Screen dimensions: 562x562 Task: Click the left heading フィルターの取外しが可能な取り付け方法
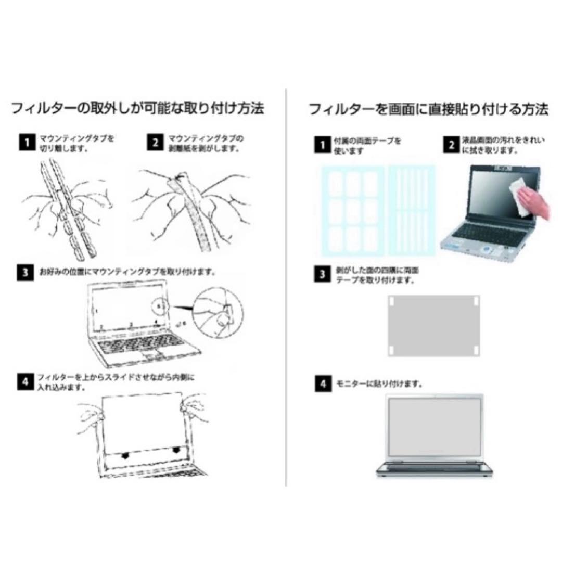[138, 108]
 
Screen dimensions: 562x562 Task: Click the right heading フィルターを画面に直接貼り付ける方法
[429, 109]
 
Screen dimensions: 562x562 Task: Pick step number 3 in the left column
[25, 273]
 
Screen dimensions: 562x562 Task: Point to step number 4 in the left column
[25, 382]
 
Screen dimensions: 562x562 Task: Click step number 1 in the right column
[323, 145]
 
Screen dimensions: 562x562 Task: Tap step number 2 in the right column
[451, 145]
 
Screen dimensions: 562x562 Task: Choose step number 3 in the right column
[323, 275]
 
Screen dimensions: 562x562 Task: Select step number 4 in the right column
[323, 384]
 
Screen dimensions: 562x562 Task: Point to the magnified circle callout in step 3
[218, 313]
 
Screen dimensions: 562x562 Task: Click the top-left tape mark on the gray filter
[392, 301]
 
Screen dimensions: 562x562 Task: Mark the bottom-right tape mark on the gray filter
[476, 350]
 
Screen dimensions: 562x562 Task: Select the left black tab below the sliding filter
[125, 455]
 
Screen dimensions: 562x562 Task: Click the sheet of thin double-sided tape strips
[412, 210]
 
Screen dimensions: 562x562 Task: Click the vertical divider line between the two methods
[286, 287]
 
